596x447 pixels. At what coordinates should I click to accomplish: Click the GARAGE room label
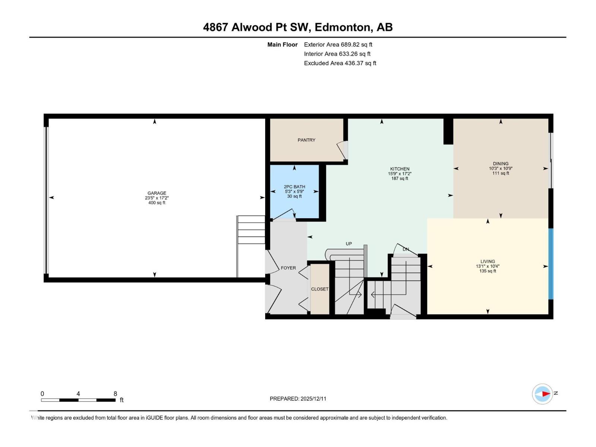(156, 193)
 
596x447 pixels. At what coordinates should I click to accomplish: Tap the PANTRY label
(306, 140)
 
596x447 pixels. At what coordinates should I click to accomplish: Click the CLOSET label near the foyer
(320, 289)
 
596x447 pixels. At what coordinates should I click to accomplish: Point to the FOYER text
(288, 268)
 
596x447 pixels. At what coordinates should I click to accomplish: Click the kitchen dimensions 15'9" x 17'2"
(399, 174)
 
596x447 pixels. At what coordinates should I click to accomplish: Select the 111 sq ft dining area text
(500, 173)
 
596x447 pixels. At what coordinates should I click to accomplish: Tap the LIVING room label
(487, 261)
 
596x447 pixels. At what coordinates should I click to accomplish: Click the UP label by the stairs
(348, 244)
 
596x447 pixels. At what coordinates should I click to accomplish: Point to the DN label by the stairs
(406, 249)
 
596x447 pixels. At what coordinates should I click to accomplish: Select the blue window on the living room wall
(551, 264)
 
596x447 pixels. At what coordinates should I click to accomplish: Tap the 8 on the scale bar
(115, 394)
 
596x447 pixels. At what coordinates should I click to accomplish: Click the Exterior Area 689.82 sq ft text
(338, 44)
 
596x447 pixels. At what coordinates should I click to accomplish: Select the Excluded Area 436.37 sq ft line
(340, 63)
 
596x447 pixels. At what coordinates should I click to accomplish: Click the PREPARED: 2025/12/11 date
(298, 399)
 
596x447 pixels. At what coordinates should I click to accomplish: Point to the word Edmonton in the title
(343, 27)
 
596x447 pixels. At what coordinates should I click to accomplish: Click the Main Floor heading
(282, 45)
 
